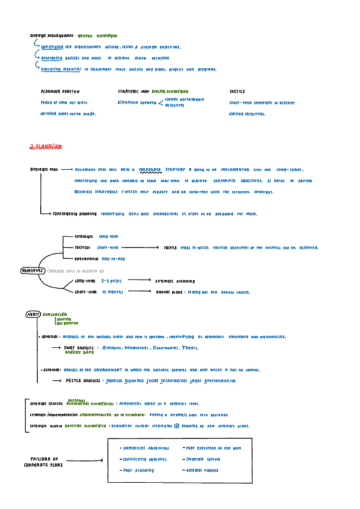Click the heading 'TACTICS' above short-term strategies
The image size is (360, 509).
click(237, 91)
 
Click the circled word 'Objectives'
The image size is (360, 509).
click(33, 270)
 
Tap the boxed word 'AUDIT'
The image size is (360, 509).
click(32, 314)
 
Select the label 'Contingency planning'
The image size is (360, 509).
click(75, 213)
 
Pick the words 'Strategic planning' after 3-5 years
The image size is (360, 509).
click(175, 280)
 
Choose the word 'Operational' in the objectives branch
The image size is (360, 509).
click(86, 258)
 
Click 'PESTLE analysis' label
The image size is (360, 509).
click(83, 381)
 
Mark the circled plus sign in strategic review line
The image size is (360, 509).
click(177, 426)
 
